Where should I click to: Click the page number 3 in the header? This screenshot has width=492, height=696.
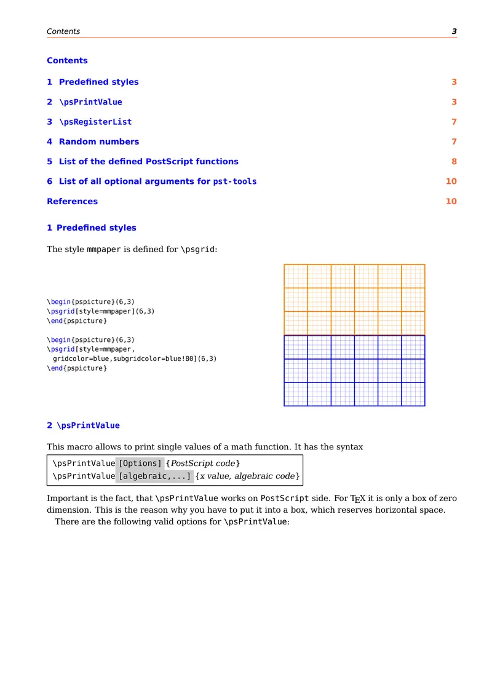(454, 31)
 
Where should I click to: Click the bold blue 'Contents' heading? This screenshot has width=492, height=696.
(67, 60)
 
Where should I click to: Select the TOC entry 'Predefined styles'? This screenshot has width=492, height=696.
(98, 82)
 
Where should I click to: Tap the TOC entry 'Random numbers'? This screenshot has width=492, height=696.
(98, 141)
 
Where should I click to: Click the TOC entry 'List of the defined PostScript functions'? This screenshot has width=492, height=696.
(148, 162)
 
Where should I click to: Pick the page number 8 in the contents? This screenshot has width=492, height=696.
(454, 162)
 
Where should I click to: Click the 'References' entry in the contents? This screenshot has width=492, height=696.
(72, 202)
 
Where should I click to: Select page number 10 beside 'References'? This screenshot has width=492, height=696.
(451, 202)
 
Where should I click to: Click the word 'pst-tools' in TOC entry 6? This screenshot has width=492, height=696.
(234, 181)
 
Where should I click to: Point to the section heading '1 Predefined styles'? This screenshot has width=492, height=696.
(92, 228)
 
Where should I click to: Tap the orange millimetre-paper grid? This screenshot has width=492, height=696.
(354, 299)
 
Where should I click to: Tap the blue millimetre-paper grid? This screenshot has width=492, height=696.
(354, 371)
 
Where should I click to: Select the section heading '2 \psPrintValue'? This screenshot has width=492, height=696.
(83, 425)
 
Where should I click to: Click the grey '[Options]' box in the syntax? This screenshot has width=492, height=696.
(140, 463)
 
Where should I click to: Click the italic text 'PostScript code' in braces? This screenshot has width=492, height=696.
(203, 463)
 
